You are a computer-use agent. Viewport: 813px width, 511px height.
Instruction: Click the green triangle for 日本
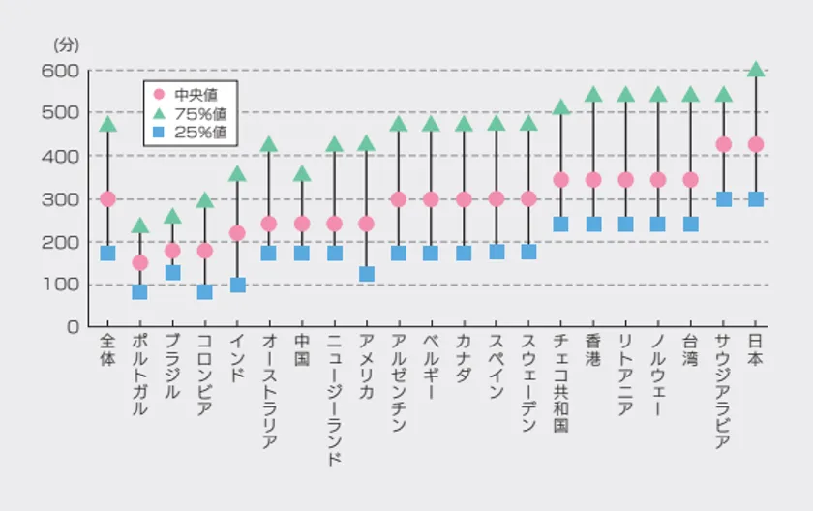point(756,70)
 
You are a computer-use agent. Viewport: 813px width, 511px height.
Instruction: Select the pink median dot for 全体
point(107,198)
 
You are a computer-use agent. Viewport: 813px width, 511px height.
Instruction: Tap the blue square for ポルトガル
point(139,291)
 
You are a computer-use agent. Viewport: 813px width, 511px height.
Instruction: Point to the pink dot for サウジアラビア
point(723,144)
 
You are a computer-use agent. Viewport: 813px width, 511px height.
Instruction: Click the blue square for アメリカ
point(366,274)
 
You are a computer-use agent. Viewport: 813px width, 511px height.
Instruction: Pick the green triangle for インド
point(237,174)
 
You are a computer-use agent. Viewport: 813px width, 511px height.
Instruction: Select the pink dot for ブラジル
point(172,251)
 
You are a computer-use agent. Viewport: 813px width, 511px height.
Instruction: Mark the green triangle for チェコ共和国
point(560,107)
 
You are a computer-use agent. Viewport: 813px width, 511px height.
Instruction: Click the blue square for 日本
point(756,199)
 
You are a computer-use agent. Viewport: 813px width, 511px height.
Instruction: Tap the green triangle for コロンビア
point(204,200)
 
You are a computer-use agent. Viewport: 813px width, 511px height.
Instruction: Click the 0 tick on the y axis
point(72,327)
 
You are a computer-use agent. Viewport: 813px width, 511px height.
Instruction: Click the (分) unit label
point(66,45)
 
